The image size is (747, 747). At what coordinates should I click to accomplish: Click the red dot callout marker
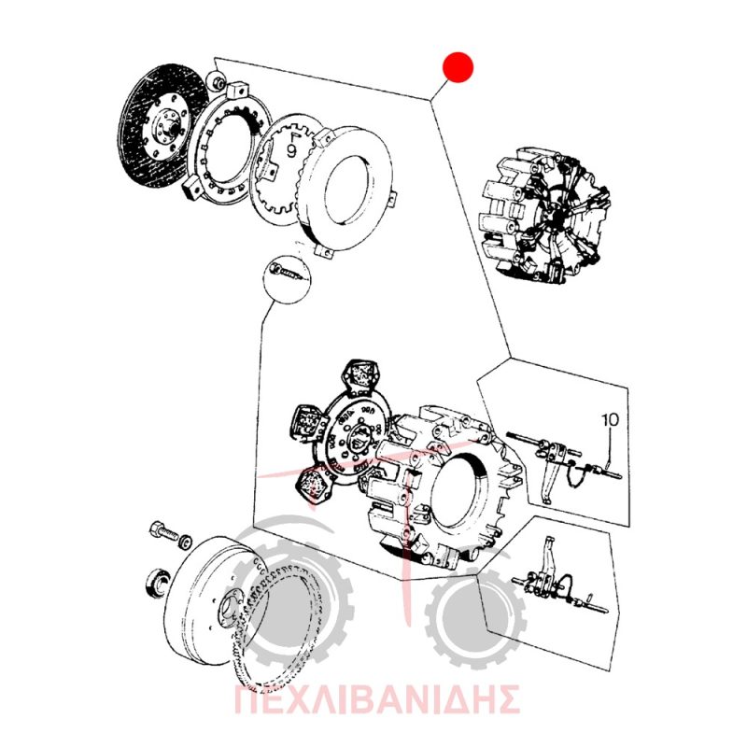pos(458,66)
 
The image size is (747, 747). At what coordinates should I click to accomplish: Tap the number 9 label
pos(291,151)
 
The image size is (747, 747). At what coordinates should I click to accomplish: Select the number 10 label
pos(611,419)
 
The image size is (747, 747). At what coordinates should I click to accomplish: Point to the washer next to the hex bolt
pos(185,543)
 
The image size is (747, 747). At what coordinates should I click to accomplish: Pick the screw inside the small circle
pos(285,273)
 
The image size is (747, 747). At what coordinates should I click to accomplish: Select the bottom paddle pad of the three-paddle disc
pos(316,485)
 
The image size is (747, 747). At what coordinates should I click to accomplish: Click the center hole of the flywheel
pos(230,605)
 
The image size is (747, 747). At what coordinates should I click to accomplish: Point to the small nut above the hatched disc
pos(218,81)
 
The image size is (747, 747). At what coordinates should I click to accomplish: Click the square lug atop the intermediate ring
pos(237,91)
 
